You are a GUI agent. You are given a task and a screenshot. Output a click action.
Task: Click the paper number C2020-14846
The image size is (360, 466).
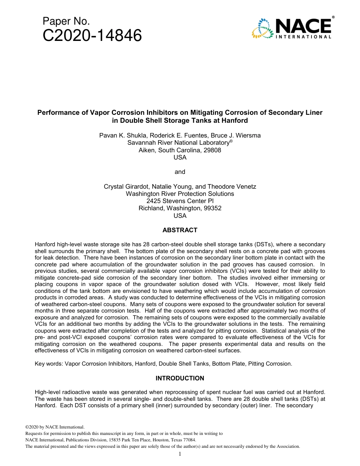point(92,36)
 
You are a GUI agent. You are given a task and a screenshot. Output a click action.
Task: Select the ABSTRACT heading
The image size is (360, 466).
point(180,230)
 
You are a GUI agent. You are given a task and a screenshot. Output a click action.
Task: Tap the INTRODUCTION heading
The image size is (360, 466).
point(180,378)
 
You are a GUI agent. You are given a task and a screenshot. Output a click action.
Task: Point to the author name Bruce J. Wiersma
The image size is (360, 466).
point(238,135)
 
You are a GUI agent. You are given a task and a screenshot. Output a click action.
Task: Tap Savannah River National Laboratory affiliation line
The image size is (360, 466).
point(180,142)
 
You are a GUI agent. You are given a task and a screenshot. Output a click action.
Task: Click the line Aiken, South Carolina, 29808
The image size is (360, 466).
point(180,150)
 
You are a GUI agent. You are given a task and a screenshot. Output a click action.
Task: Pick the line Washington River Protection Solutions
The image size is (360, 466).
point(180,194)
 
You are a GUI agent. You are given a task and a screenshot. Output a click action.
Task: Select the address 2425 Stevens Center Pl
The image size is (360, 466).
point(180,201)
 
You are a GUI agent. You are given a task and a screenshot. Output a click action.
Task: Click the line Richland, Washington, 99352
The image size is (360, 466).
point(180,208)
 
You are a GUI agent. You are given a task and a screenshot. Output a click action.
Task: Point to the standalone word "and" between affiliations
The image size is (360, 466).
point(180,172)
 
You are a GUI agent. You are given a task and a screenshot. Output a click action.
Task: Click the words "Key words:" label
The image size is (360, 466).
point(49,364)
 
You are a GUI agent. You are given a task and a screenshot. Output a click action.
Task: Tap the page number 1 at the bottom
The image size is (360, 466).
point(180,454)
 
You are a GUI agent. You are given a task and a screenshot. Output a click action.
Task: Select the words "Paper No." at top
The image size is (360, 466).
point(66,22)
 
